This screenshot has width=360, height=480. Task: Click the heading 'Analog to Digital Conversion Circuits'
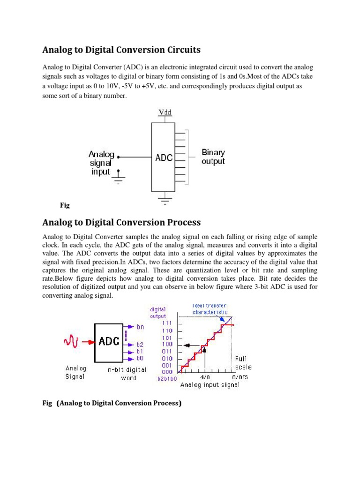(x=121, y=50)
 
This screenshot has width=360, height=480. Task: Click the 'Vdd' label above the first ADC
(x=165, y=112)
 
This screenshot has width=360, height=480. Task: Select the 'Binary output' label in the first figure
(x=213, y=157)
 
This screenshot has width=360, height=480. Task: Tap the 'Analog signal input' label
(x=101, y=163)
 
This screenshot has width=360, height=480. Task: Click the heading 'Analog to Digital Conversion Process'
(x=121, y=222)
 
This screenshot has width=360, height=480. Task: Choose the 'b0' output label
(x=140, y=358)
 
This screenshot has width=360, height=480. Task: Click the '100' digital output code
(x=167, y=344)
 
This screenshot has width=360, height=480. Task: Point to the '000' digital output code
(x=167, y=372)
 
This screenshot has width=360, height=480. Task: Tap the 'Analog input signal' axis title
(x=210, y=385)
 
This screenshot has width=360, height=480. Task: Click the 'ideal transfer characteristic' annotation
(x=210, y=308)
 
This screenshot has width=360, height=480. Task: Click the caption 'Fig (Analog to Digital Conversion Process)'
(x=112, y=403)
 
